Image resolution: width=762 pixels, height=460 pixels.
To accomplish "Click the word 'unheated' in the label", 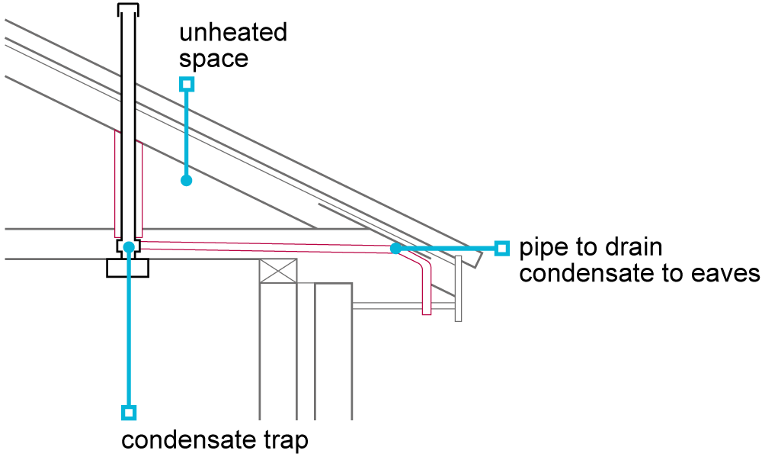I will point(233,34).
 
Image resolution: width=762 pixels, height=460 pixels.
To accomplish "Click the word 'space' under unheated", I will point(213,60).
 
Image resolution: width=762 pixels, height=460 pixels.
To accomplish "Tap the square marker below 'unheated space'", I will point(186,84).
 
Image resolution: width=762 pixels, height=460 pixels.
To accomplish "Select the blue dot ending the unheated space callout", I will point(186,181).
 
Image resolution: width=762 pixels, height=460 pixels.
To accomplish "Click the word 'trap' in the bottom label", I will point(283,440).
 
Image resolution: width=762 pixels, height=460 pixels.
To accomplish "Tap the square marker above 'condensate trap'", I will point(129,413).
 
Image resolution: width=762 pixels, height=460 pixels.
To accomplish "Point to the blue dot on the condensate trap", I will point(129,247).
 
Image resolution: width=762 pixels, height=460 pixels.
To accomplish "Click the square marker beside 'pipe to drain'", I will point(501,248).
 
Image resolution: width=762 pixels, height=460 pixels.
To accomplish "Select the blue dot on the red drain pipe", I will point(395,248).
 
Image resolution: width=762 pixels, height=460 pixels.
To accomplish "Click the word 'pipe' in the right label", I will point(543,249).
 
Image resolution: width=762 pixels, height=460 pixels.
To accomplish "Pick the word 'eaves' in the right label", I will point(725,273).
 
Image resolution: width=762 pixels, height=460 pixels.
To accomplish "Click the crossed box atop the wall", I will point(278,271).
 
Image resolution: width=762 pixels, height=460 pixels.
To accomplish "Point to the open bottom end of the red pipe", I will point(426,312).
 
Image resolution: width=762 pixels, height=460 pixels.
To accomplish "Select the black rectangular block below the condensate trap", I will point(128,268).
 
